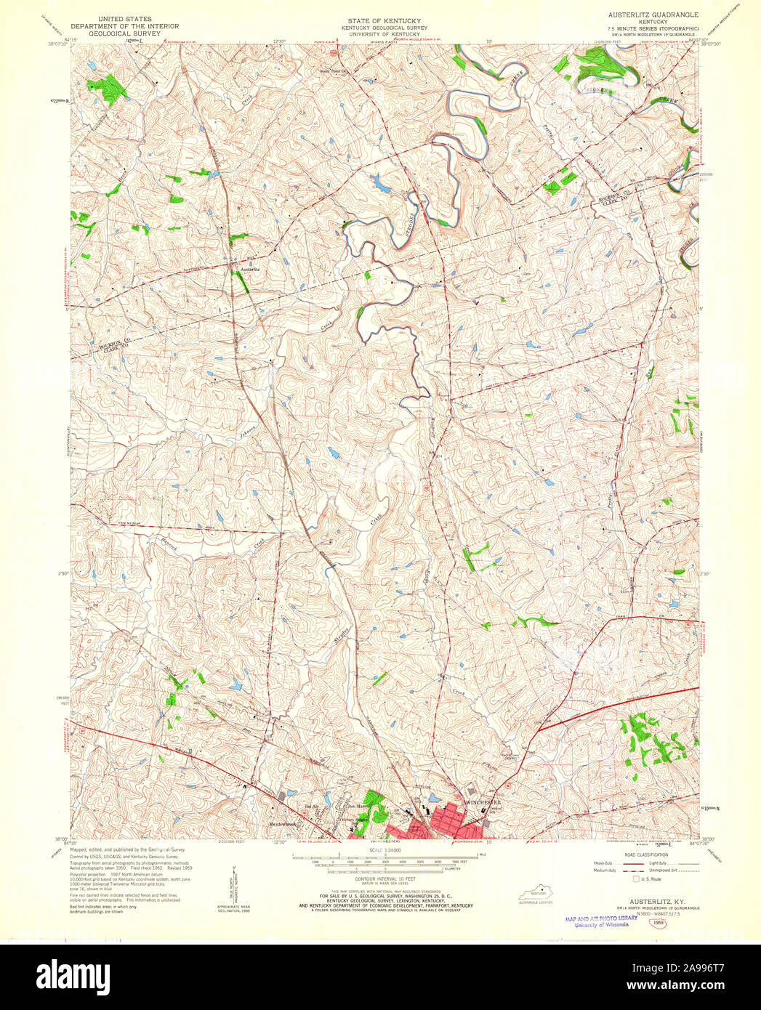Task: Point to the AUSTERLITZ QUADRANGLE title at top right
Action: (653, 15)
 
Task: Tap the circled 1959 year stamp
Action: (659, 923)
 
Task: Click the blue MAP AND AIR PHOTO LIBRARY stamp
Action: (600, 918)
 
